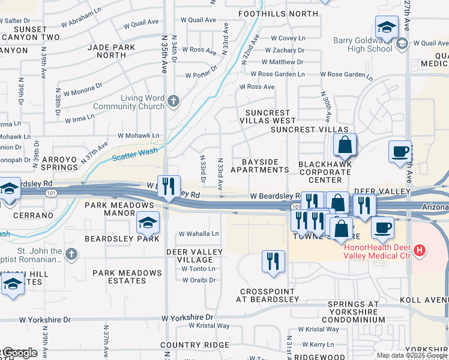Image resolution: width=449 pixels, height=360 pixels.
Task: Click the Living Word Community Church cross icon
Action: (174, 100)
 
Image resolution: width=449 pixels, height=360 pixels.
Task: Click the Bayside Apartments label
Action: (260, 166)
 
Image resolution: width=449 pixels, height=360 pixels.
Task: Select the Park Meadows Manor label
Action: (119, 209)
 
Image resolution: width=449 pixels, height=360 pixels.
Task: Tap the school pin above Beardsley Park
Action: (147, 224)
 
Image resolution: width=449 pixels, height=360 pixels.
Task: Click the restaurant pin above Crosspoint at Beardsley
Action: (273, 261)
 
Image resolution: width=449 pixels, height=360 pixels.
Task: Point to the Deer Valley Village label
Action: (190, 256)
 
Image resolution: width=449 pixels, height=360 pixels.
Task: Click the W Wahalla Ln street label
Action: (199, 234)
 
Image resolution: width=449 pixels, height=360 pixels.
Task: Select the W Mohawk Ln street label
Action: (139, 136)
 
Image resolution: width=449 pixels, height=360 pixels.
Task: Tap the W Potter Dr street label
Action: (200, 75)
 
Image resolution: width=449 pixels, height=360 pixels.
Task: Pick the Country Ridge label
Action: (194, 345)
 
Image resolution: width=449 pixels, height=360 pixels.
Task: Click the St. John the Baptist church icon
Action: (72, 253)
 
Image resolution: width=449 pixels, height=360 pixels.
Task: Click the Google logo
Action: (19, 353)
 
